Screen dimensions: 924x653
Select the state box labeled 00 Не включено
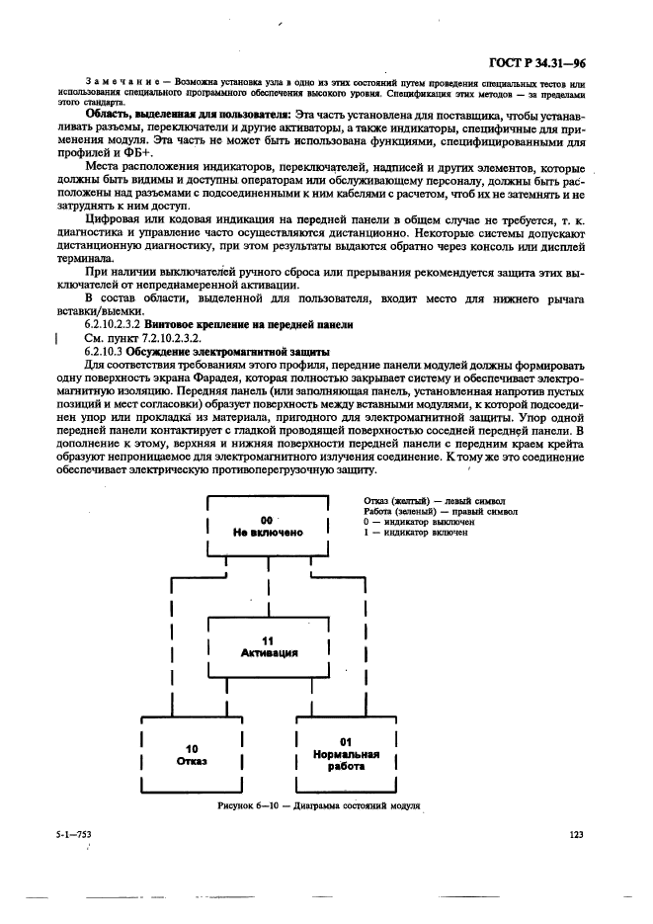(x=267, y=525)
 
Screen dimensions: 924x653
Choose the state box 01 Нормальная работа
(x=347, y=753)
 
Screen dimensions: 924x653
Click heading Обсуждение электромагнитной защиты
(x=226, y=352)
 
